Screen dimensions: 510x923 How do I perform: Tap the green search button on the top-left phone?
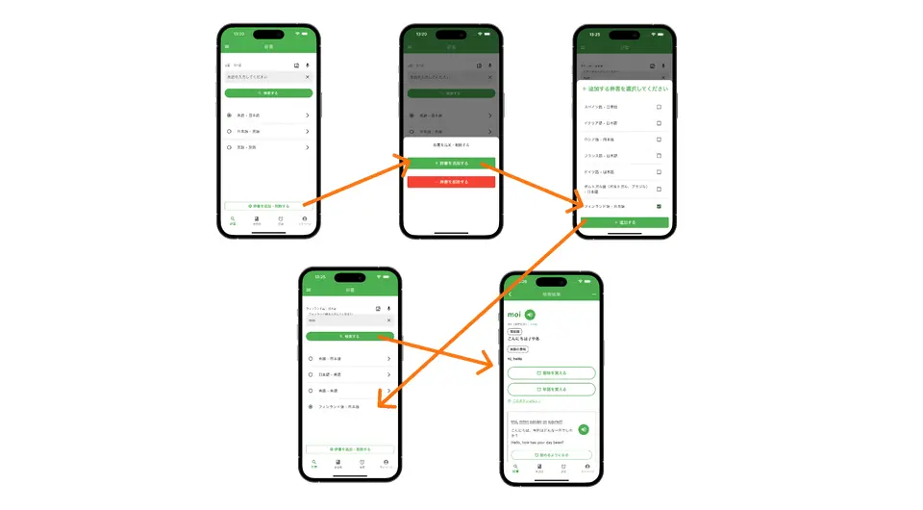268,93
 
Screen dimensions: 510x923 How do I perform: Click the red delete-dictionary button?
451,181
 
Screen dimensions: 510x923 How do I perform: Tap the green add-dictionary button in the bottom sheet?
451,164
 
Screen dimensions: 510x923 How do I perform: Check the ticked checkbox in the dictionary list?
659,206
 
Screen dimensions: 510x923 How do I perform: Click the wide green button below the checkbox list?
624,222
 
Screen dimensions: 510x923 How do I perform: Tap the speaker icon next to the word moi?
530,315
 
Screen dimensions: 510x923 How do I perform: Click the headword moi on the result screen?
514,315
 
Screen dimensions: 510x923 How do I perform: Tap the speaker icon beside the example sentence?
584,429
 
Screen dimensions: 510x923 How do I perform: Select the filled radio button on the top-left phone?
229,115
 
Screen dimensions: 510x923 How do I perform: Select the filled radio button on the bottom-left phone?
311,407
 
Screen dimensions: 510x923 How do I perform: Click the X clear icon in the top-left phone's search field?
308,76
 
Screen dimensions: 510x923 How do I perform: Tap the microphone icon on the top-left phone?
308,65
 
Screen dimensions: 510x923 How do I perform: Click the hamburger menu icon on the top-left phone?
227,46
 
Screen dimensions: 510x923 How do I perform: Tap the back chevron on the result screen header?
510,294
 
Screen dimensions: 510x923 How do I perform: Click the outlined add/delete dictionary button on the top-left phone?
268,205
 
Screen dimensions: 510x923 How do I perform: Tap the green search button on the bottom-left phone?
349,337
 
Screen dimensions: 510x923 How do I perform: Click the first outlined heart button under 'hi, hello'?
551,372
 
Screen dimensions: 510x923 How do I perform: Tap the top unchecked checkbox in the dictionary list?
659,107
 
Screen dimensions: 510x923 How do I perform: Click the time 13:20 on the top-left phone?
238,34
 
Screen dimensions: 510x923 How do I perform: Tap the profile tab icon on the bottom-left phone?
386,462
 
